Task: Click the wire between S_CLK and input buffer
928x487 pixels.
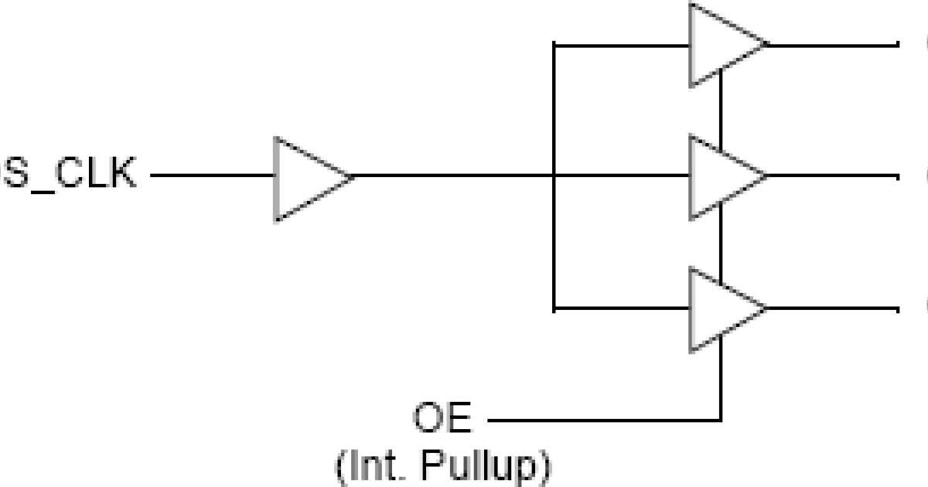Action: [x=213, y=176]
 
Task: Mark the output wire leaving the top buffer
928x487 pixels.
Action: [x=831, y=44]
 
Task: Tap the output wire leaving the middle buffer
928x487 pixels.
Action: [x=831, y=176]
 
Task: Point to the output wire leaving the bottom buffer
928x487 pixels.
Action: [x=831, y=309]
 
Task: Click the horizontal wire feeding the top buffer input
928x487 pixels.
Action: [x=623, y=45]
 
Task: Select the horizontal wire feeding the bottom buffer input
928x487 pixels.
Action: [x=623, y=309]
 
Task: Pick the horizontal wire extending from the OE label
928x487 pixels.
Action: [x=603, y=421]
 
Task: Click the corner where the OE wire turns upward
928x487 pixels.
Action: [x=721, y=421]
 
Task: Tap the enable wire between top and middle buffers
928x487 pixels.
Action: [x=721, y=108]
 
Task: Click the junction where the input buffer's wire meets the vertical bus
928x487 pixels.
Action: [x=554, y=176]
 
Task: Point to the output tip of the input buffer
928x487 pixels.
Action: [x=352, y=177]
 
